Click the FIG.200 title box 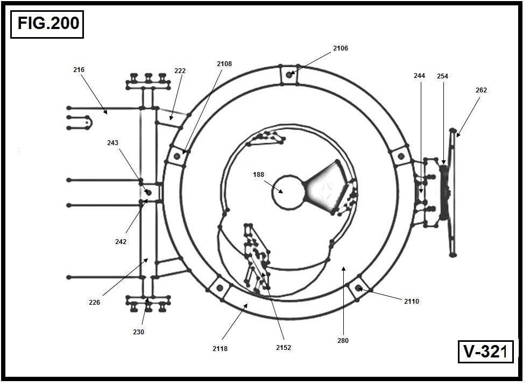pyautogui.click(x=47, y=24)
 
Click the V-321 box pyautogui.click(x=485, y=352)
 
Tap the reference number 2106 pyautogui.click(x=340, y=48)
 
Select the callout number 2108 pyautogui.click(x=224, y=64)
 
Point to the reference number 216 pyautogui.click(x=79, y=70)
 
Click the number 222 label pyautogui.click(x=180, y=70)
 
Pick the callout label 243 pyautogui.click(x=112, y=143)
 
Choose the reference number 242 pyautogui.click(x=121, y=242)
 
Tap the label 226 pyautogui.click(x=95, y=302)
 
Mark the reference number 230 pyautogui.click(x=138, y=332)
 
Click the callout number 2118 pyautogui.click(x=220, y=349)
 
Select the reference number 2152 pyautogui.click(x=284, y=348)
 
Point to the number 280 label pyautogui.click(x=343, y=341)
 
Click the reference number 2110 pyautogui.click(x=411, y=302)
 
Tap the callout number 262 pyautogui.click(x=481, y=90)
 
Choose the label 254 pyautogui.click(x=442, y=76)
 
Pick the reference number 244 pyautogui.click(x=419, y=76)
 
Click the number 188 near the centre pyautogui.click(x=259, y=174)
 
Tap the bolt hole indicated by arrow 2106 pyautogui.click(x=289, y=75)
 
